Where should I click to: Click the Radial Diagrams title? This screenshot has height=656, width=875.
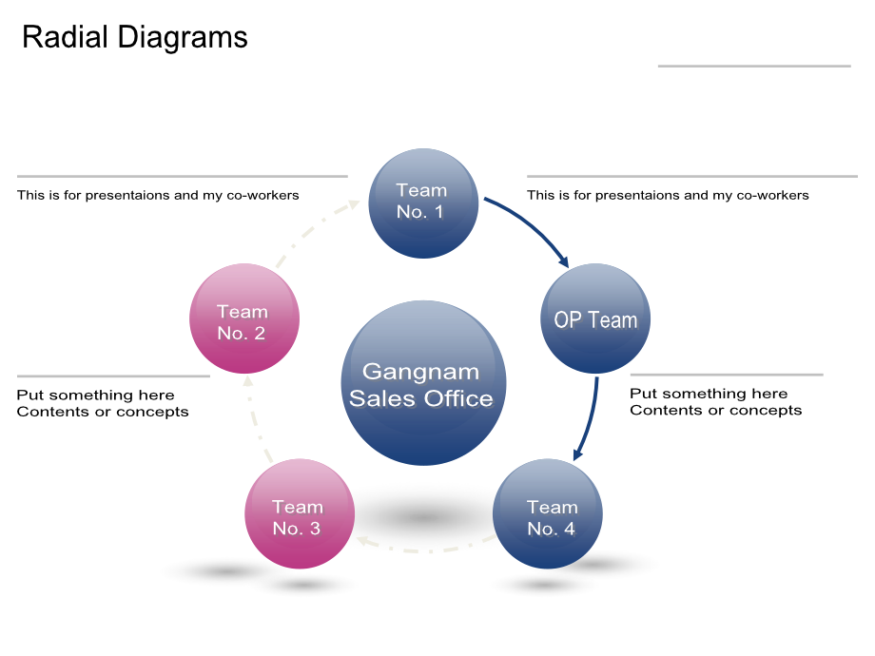tap(134, 38)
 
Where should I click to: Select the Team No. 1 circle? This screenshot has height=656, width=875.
tap(423, 203)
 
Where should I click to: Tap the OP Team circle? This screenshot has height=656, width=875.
tap(595, 318)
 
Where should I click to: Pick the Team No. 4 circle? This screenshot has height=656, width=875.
tap(548, 513)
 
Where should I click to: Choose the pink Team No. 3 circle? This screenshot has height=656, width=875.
tap(300, 513)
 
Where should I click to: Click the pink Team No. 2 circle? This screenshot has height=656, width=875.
tap(244, 318)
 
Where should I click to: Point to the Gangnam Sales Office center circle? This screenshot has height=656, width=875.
tap(423, 382)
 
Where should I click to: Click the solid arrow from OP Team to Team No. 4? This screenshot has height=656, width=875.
tap(592, 419)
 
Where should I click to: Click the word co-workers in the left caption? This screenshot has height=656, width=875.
tap(262, 195)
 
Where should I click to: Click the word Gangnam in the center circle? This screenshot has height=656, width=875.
tap(420, 372)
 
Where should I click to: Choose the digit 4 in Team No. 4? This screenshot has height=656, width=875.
tap(569, 529)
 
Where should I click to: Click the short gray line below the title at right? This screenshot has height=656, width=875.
tap(754, 66)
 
